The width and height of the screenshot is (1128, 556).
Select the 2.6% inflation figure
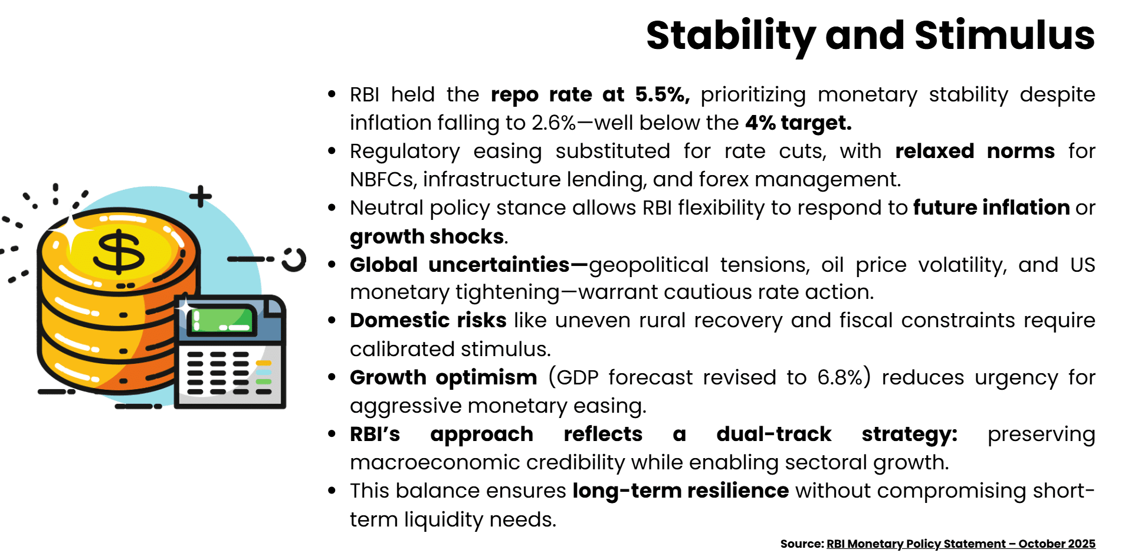pos(553,123)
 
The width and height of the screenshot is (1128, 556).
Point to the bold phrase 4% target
pos(798,123)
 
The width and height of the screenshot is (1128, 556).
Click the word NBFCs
pos(383,179)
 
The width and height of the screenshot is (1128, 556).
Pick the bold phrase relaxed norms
pos(974,151)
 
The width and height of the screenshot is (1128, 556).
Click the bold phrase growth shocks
pos(427,236)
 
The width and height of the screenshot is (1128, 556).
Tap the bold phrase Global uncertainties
pos(460,265)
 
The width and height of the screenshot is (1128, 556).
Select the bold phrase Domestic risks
pos(428,320)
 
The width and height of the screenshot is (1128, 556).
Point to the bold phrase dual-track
pos(773,434)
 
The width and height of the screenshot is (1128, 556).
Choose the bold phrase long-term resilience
pos(680,491)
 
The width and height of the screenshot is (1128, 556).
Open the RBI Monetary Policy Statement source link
pos(960,544)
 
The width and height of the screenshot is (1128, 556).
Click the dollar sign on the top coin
pos(119,252)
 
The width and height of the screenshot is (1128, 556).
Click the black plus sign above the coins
pos(201,196)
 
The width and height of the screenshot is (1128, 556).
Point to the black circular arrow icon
pos(294,259)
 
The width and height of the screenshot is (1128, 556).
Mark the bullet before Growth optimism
pos(332,377)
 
